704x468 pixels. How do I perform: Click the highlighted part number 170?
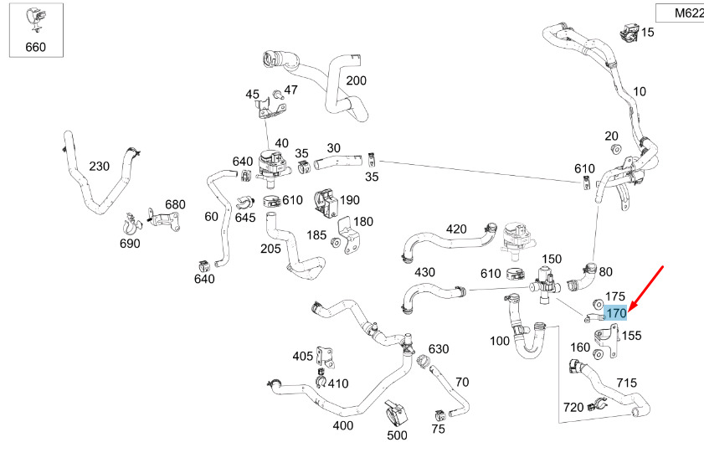pyautogui.click(x=615, y=314)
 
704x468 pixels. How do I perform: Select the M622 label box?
pyautogui.click(x=677, y=13)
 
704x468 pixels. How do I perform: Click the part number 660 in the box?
pyautogui.click(x=36, y=47)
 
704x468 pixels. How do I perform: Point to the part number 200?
pyautogui.click(x=356, y=81)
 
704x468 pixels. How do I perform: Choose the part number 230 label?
pyautogui.click(x=99, y=167)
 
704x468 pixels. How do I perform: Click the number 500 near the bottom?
pyautogui.click(x=397, y=435)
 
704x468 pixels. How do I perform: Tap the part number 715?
pyautogui.click(x=627, y=383)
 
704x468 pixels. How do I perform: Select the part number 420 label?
pyautogui.click(x=456, y=229)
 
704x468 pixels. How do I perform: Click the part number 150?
pyautogui.click(x=552, y=260)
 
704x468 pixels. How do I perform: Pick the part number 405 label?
pyautogui.click(x=302, y=357)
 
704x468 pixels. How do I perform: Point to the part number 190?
pyautogui.click(x=350, y=200)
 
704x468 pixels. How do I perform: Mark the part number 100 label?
pyautogui.click(x=499, y=341)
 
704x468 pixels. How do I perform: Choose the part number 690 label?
pyautogui.click(x=129, y=244)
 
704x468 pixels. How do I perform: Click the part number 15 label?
pyautogui.click(x=648, y=32)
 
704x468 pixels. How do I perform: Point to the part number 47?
pyautogui.click(x=290, y=90)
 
